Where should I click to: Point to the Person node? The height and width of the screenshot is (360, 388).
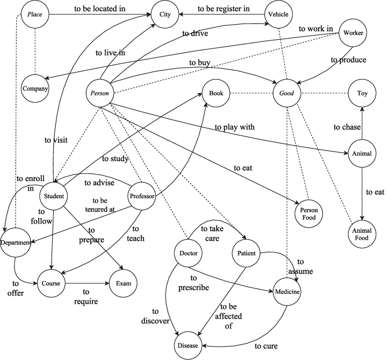coord(100,93)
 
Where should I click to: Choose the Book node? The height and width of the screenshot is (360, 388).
coord(215,93)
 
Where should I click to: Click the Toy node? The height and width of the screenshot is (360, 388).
coord(362,93)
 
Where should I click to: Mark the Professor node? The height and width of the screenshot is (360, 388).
coord(142,196)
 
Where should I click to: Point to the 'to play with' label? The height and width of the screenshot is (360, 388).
coord(234,127)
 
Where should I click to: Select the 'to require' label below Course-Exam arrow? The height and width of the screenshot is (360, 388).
coord(86,297)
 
